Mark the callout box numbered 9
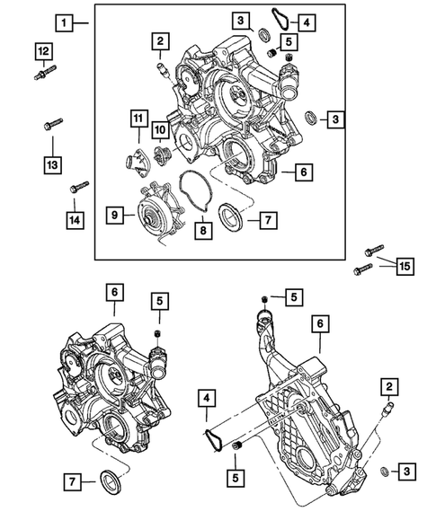pyautogui.click(x=114, y=215)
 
